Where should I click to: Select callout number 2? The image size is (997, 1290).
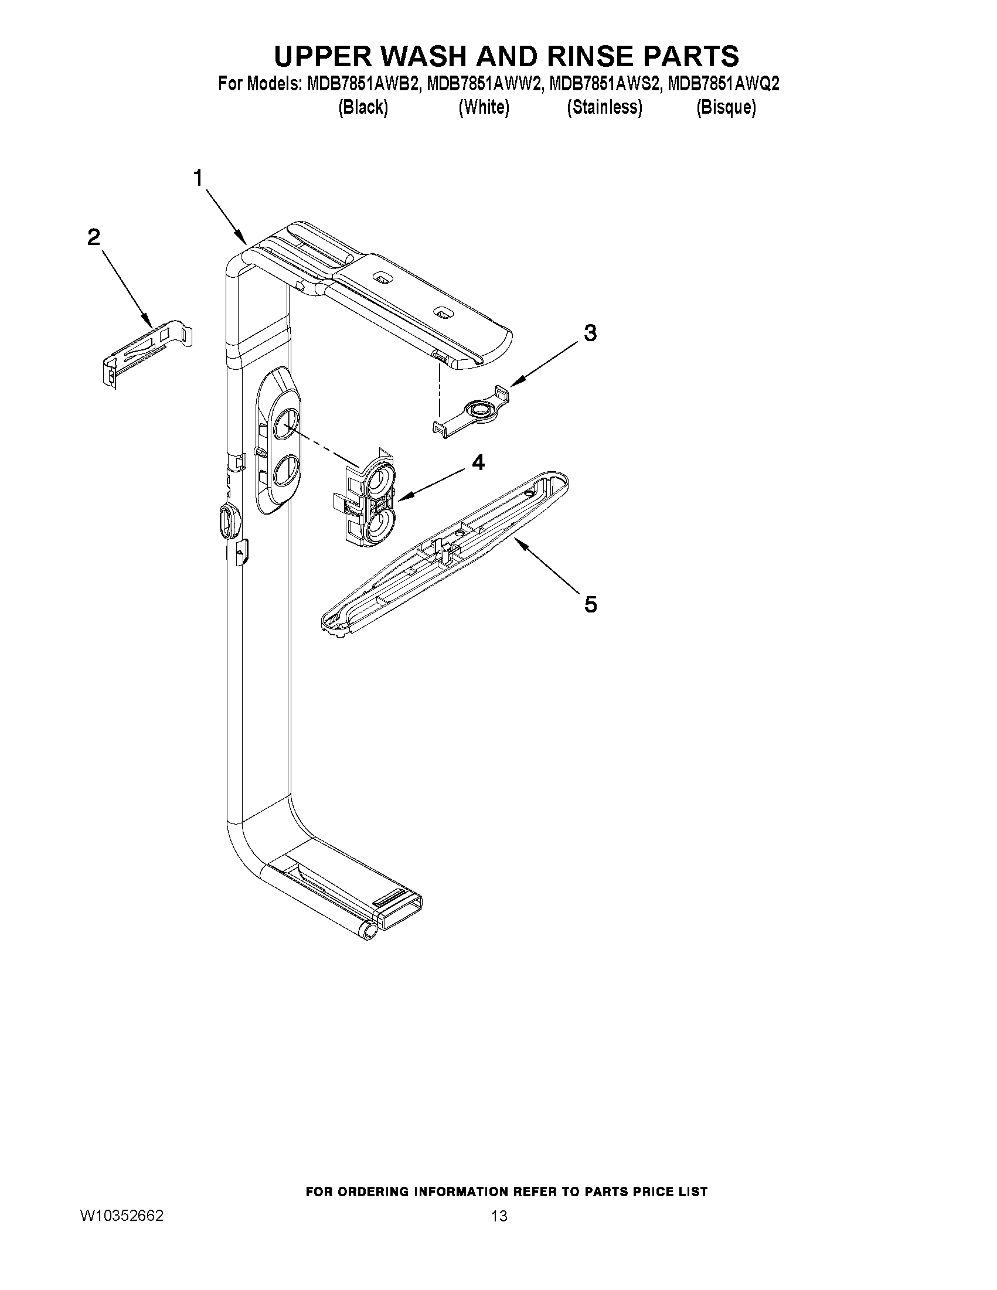click(x=94, y=237)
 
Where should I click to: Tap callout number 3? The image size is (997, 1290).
click(x=590, y=333)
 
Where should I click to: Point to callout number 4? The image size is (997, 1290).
click(x=478, y=462)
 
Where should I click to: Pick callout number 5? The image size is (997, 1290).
click(x=590, y=604)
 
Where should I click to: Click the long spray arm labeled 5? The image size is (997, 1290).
click(x=444, y=555)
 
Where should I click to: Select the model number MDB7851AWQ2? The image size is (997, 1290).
click(x=723, y=84)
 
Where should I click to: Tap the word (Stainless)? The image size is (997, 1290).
click(x=604, y=107)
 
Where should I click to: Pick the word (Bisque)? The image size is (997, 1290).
click(x=726, y=107)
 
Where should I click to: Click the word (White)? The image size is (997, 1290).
click(x=484, y=107)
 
